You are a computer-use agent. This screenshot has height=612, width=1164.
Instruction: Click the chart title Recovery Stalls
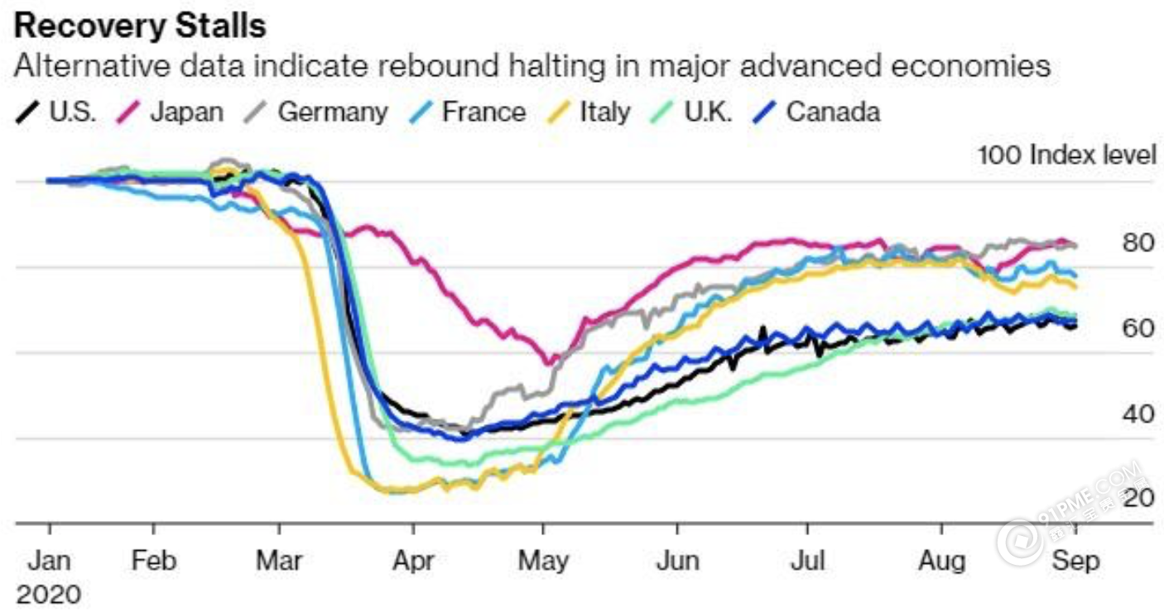[x=141, y=26]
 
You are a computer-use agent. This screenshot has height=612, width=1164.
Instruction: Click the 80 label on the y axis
[x=1139, y=243]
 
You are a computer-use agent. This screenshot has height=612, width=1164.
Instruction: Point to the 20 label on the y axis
[x=1139, y=498]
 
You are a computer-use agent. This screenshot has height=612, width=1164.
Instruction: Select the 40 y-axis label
[x=1139, y=414]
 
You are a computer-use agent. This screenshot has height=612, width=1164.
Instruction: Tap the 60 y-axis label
[x=1139, y=328]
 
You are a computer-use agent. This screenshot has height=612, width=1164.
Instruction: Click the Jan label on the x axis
[x=49, y=561]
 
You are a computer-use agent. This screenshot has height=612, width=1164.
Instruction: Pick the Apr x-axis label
[x=412, y=561]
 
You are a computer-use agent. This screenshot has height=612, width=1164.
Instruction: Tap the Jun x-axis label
[x=677, y=561]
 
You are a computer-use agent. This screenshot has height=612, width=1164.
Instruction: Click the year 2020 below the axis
[x=49, y=594]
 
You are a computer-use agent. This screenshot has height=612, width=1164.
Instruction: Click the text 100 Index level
[x=1066, y=155]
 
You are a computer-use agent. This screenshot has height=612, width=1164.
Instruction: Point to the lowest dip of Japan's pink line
[x=547, y=361]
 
